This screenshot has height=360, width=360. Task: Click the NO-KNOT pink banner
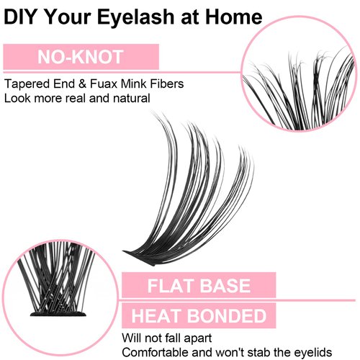click(81, 56)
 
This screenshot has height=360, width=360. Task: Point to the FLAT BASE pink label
click(200, 284)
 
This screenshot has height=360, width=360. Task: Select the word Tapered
click(25, 84)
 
